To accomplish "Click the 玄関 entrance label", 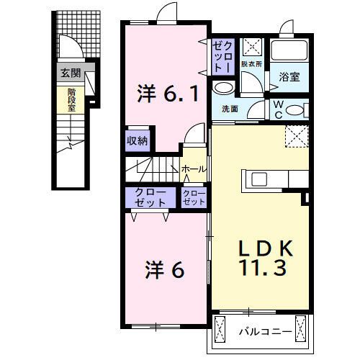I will tap(70, 73).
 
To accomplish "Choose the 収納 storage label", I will tap(138, 140).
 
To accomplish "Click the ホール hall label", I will tap(193, 169).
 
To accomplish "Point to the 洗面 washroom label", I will tap(230, 109).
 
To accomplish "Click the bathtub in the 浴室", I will tap(289, 51).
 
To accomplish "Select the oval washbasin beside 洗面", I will tap(224, 88).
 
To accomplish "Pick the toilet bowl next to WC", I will tap(298, 109).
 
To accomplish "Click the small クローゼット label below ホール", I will tap(194, 197).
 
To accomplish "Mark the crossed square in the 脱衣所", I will tap(253, 46).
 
